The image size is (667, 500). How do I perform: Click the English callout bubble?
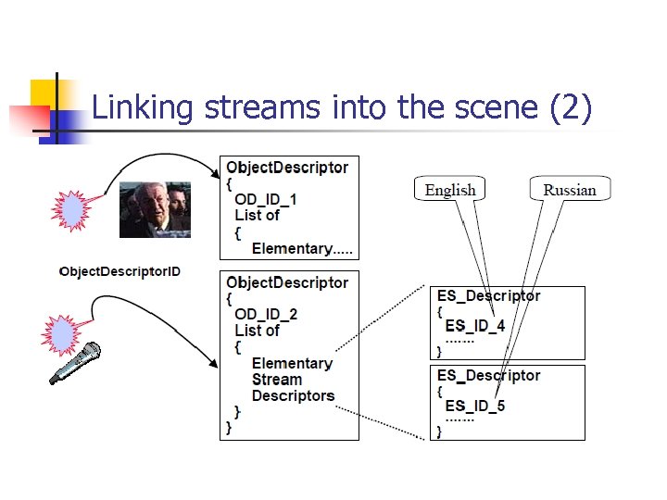tap(450, 190)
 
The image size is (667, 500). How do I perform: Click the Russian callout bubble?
tap(570, 190)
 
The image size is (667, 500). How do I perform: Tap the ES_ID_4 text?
tap(475, 326)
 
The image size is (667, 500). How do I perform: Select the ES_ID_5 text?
tap(475, 406)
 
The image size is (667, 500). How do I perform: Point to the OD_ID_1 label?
tap(266, 199)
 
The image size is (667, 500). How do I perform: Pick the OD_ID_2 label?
tap(266, 314)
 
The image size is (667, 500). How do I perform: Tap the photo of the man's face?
tap(155, 210)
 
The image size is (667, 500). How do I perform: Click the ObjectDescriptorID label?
tap(120, 271)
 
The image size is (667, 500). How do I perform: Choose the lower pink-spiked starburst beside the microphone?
tap(62, 334)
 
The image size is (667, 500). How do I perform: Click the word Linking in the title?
tap(143, 108)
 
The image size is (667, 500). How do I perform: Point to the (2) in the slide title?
tap(570, 108)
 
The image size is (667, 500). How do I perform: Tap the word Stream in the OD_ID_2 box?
tap(277, 380)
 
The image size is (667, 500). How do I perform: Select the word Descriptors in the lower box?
tap(293, 395)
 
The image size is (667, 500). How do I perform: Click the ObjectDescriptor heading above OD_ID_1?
tap(287, 168)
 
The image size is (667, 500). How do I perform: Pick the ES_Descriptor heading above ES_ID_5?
tap(488, 375)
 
